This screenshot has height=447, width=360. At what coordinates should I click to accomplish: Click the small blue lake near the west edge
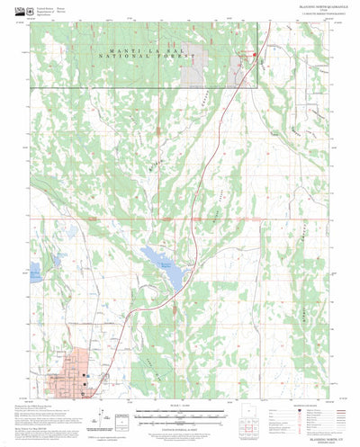[35, 274]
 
